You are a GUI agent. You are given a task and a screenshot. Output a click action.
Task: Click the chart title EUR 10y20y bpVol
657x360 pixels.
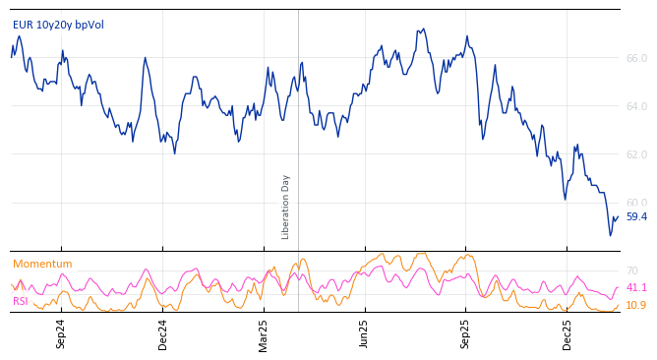point(58,25)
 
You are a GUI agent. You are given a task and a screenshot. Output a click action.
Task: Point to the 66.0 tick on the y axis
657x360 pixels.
point(636,58)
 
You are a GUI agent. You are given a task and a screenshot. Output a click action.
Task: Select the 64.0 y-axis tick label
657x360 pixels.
point(636,106)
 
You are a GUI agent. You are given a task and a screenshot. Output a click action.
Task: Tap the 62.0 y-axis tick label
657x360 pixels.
point(636,154)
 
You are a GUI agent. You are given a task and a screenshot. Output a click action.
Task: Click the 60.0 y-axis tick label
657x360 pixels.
point(636,203)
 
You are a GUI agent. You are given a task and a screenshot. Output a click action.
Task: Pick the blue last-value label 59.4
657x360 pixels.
point(636,216)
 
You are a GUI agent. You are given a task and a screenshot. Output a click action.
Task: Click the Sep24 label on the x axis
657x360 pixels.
point(61,333)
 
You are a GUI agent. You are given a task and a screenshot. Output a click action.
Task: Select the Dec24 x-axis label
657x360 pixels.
point(163,333)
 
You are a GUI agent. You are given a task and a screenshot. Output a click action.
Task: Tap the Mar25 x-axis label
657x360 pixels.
point(264,333)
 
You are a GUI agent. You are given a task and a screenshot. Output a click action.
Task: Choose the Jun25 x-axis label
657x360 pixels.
point(365,333)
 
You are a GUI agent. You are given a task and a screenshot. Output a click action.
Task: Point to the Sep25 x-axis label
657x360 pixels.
point(466,333)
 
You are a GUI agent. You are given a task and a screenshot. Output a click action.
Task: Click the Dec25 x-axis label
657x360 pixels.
point(567,333)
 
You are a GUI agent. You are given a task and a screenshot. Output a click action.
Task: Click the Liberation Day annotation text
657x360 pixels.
point(286,207)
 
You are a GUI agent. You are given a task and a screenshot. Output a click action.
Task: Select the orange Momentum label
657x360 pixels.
point(42,264)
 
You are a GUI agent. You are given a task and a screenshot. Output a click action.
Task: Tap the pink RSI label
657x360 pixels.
point(21,301)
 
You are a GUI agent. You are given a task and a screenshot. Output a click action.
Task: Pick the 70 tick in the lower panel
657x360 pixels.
point(632,270)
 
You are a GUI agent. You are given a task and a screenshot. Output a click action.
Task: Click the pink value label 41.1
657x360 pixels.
point(636,287)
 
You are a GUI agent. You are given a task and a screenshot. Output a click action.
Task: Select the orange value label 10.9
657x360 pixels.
point(636,305)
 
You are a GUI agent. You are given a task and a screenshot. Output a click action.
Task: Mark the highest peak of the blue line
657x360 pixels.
point(424,29)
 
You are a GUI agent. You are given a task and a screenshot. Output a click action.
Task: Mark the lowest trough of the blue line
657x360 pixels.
point(610,235)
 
